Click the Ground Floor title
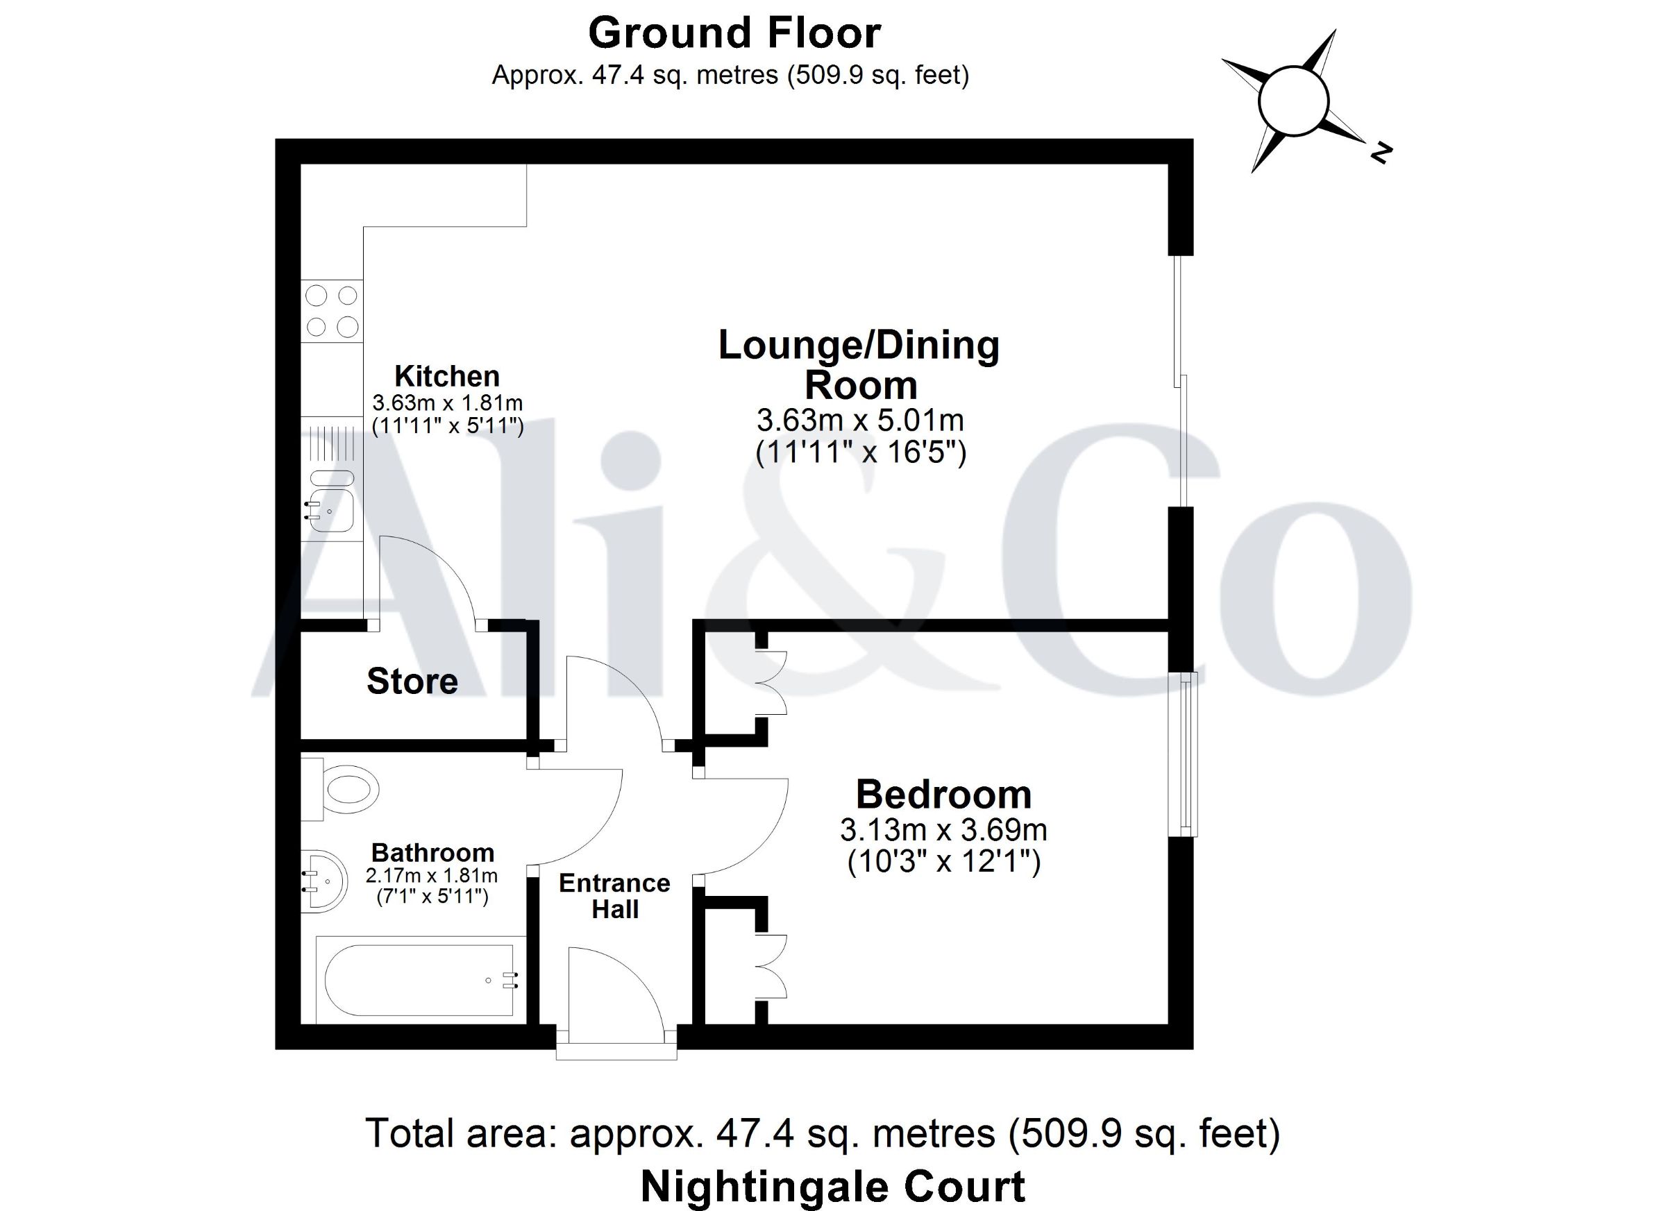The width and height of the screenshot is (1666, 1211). click(x=734, y=34)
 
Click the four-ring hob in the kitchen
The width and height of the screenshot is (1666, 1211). click(x=332, y=311)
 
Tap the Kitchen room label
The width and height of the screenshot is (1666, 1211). click(x=447, y=376)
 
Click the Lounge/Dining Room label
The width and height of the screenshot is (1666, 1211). click(x=859, y=365)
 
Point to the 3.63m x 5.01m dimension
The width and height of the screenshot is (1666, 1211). click(x=860, y=420)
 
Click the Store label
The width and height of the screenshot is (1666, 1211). click(x=412, y=681)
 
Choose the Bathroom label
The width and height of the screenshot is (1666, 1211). click(x=432, y=853)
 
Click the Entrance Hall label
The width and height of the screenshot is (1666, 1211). click(x=615, y=896)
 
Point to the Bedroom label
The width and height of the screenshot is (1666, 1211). click(x=944, y=794)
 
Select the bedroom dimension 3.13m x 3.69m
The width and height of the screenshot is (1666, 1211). click(x=944, y=830)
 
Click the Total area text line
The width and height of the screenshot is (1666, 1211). click(x=823, y=1133)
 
